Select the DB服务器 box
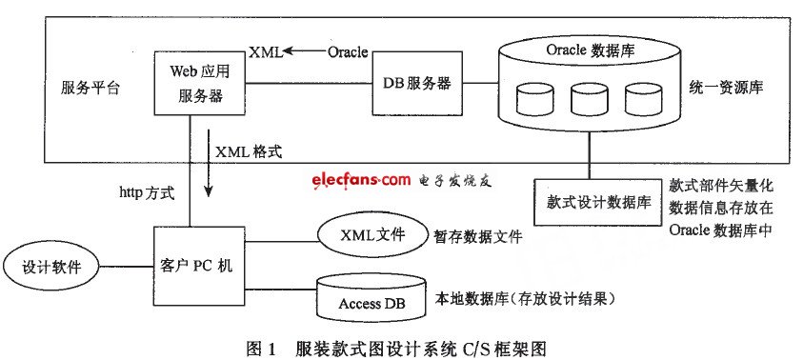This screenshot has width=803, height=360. click(x=415, y=84)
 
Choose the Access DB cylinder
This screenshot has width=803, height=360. click(x=366, y=300)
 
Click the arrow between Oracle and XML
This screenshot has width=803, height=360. click(x=304, y=51)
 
